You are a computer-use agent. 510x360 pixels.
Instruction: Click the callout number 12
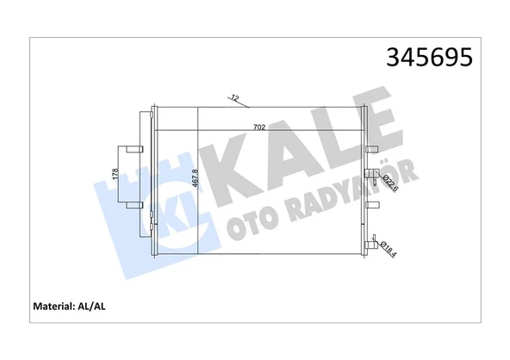coord(234,97)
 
